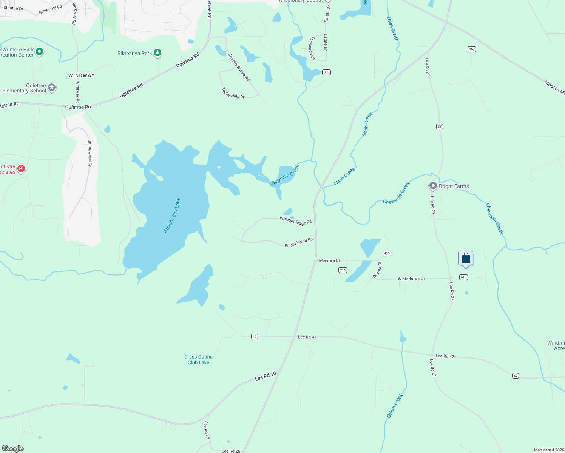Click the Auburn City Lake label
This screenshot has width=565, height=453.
coord(172,215)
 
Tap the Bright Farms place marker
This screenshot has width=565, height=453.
coord(433,186)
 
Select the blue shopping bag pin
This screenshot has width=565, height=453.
coord(466,259)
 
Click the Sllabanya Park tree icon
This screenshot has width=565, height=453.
coord(157,53)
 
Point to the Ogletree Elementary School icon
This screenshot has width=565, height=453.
coord(52,88)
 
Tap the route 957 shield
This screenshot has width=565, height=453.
coord(471,49)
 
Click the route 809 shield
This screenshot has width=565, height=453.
coord(326,72)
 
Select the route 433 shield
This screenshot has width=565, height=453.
coord(386,253)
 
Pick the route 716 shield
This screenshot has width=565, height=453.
coord(343,270)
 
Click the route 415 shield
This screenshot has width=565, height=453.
coord(463,277)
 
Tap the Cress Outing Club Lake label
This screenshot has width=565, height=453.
coord(198,359)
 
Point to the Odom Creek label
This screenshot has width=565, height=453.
coord(395,405)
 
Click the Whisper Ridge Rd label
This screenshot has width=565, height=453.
coord(296,221)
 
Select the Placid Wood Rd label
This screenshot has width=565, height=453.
coord(299,242)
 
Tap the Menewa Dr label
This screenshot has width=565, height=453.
coord(329,260)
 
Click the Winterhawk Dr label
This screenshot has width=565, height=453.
coord(411,279)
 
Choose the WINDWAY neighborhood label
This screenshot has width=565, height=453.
coord(82,75)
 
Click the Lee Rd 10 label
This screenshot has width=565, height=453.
coord(266,376)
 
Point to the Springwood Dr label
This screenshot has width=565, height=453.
coord(90,153)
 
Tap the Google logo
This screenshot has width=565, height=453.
coord(13,448)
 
